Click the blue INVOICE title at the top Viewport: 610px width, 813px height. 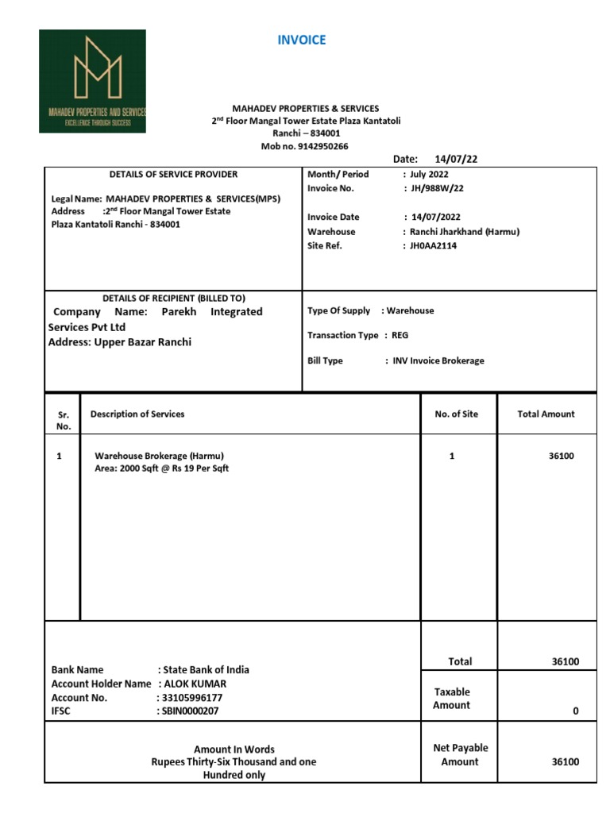(x=302, y=40)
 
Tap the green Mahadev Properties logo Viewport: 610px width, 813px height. (x=93, y=81)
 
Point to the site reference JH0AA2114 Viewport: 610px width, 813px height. (x=434, y=246)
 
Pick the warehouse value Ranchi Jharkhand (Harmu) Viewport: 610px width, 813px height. (x=465, y=232)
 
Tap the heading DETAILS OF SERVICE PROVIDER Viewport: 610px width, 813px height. (x=173, y=174)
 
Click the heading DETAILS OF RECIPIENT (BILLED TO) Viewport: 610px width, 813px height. (x=173, y=299)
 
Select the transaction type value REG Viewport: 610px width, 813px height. (x=400, y=336)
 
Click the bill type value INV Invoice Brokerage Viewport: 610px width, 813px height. (x=438, y=360)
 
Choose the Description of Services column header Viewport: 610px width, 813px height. (x=137, y=414)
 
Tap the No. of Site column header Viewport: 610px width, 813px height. (x=457, y=414)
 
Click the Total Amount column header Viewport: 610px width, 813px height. (x=546, y=414)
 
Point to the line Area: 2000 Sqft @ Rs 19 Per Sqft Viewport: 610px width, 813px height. (x=161, y=468)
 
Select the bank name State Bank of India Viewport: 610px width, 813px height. (x=206, y=669)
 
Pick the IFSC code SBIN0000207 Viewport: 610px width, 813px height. (x=191, y=711)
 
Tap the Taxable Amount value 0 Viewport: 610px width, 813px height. (x=576, y=711)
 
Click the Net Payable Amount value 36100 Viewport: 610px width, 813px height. (x=566, y=761)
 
